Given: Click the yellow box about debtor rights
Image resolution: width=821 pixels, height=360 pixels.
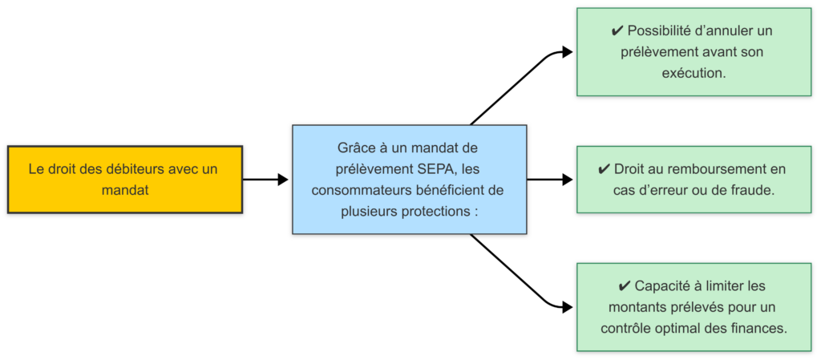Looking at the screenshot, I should (x=124, y=180).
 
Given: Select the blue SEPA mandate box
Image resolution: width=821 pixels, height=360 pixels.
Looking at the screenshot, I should (x=409, y=180).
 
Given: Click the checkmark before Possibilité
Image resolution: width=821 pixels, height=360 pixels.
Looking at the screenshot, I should (x=617, y=31).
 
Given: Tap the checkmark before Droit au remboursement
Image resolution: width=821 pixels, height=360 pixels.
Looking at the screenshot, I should (x=605, y=169).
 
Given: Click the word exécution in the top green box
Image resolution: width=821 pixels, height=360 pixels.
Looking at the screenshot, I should (x=694, y=73).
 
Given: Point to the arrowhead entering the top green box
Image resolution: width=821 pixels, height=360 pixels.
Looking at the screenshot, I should (x=568, y=53).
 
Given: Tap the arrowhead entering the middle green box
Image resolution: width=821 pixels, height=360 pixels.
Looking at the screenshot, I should (x=568, y=180).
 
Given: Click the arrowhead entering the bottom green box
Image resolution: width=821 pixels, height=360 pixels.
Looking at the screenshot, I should (x=568, y=307).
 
